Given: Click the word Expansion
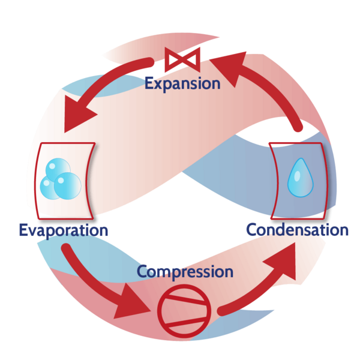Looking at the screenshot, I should click(x=182, y=83).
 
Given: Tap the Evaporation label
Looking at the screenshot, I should click(x=63, y=230).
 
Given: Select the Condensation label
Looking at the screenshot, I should click(x=296, y=229).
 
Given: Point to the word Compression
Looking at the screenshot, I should click(x=185, y=271).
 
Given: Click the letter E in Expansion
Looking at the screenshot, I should click(x=149, y=82).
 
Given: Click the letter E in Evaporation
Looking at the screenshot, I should click(x=23, y=230).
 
